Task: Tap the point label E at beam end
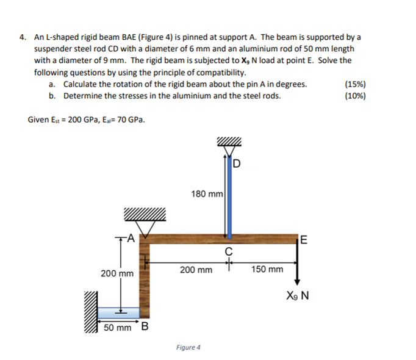pos(305,239)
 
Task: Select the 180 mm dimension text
pos(207,193)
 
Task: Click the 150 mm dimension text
pos(267,269)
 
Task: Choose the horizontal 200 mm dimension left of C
pos(196,269)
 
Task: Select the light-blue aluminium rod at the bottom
pos(119,312)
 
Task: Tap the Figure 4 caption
pos(187,347)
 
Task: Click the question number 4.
pos(22,37)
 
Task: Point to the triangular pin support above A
pos(145,226)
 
